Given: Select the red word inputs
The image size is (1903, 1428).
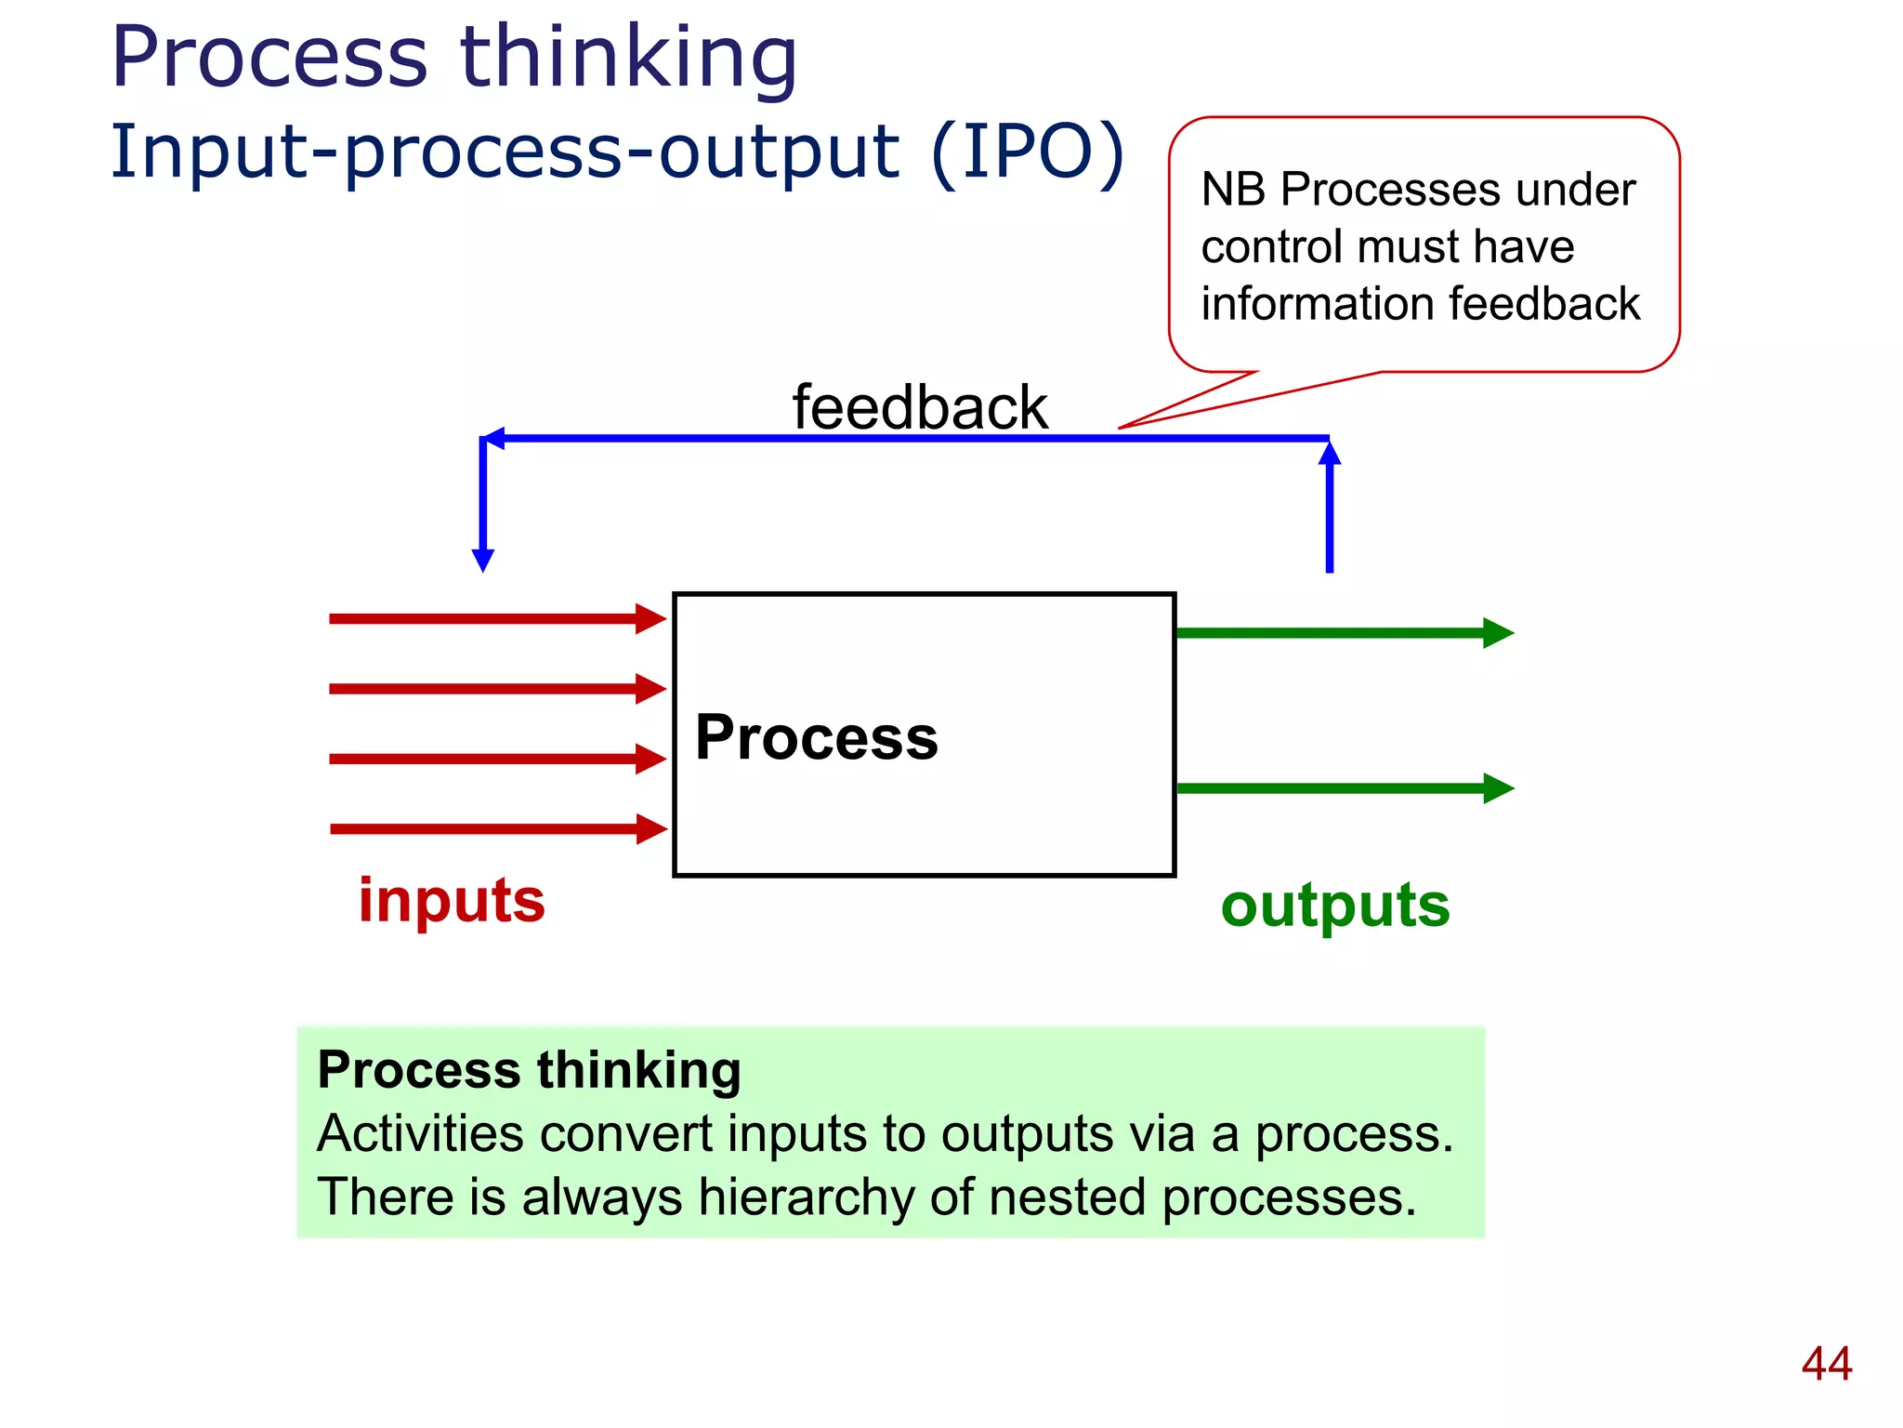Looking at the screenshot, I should coord(452,900).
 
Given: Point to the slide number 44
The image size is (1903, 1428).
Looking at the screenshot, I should coord(1826,1364).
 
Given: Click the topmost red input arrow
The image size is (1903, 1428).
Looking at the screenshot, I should coord(497,618).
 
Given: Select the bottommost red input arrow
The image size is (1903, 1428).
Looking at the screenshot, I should coord(497,828).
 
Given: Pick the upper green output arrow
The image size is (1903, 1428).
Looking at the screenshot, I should coord(1344,633).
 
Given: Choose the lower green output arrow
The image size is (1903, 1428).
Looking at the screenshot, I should coord(1344,788).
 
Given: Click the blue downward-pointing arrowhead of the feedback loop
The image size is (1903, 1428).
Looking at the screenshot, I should coord(483,560).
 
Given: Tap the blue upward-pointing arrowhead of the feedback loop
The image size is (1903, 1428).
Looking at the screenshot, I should coord(1330,454).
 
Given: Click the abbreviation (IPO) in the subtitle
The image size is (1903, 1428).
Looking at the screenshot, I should coord(1028,151).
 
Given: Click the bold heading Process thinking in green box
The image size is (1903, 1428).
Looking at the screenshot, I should coord(529,1069).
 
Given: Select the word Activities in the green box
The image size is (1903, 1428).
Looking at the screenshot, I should coord(420,1133).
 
